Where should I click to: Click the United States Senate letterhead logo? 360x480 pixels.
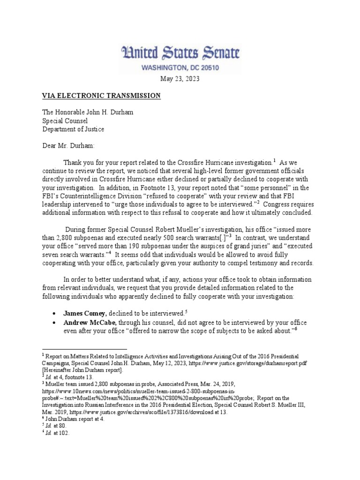(180, 53)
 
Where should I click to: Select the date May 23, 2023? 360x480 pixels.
(180, 79)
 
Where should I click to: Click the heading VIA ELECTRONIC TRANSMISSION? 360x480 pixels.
(102, 96)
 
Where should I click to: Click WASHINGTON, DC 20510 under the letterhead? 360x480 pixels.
(180, 68)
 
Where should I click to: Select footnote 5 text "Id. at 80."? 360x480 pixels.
(56, 426)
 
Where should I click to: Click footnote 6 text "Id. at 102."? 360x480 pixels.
(57, 433)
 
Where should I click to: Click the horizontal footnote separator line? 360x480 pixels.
(84, 349)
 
